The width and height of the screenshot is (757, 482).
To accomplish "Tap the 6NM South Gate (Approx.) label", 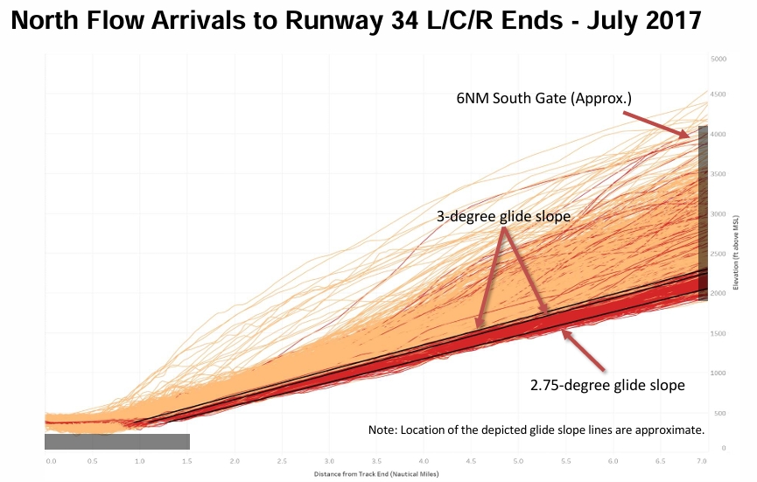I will (x=543, y=99).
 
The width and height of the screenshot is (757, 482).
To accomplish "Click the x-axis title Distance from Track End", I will (x=375, y=474).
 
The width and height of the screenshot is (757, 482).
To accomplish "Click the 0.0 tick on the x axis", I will (x=51, y=458).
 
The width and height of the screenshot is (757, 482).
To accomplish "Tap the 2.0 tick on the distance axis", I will (x=235, y=458).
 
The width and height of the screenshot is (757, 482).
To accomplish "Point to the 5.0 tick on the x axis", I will (x=518, y=458).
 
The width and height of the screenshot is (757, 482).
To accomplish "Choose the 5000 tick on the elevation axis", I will (x=719, y=59).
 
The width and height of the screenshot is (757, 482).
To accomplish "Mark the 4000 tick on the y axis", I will (x=719, y=135).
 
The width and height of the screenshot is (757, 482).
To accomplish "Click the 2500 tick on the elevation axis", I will (x=719, y=254).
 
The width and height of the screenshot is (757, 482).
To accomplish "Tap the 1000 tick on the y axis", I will (x=718, y=374).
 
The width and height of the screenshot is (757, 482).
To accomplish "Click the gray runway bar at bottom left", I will (x=117, y=442).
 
